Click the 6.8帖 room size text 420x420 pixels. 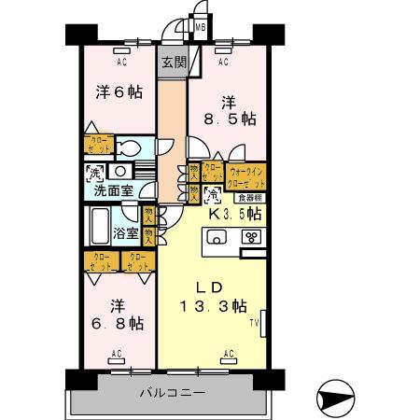click(119, 323)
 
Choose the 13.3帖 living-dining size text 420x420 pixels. click(213, 306)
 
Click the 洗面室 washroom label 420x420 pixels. click(112, 191)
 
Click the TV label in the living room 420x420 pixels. click(253, 323)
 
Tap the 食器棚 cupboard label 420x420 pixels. click(248, 198)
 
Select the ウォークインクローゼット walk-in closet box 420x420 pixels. click(246, 175)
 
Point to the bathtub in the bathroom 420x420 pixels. click(100, 226)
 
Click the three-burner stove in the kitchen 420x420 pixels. click(251, 237)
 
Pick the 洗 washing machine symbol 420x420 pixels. click(94, 173)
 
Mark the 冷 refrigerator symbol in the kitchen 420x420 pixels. click(213, 196)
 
